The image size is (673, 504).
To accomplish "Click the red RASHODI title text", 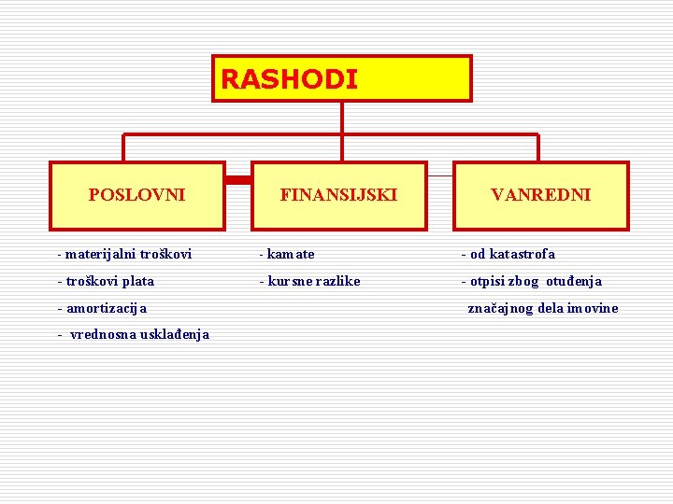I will pyautogui.click(x=289, y=79).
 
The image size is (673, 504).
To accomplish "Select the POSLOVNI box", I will pyautogui.click(x=136, y=195).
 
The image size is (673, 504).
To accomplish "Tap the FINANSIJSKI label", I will pyautogui.click(x=338, y=195).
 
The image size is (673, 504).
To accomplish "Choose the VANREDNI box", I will pyautogui.click(x=540, y=195).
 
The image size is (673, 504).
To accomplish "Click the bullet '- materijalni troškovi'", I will pyautogui.click(x=124, y=254).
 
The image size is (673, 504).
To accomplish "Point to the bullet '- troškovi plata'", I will pyautogui.click(x=106, y=281).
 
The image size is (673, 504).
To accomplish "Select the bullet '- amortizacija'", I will pyautogui.click(x=102, y=308).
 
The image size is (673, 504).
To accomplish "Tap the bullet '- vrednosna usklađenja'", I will pyautogui.click(x=133, y=334).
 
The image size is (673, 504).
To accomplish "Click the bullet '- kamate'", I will pyautogui.click(x=287, y=254).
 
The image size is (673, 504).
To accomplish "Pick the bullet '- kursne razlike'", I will pyautogui.click(x=309, y=281).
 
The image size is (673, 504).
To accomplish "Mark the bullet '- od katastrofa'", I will pyautogui.click(x=508, y=254).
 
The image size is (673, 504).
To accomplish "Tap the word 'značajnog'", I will pyautogui.click(x=498, y=308).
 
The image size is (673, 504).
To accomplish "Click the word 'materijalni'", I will pyautogui.click(x=98, y=254).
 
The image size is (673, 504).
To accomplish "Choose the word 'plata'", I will pyautogui.click(x=136, y=281).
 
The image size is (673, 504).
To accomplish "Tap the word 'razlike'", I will pyautogui.click(x=335, y=281).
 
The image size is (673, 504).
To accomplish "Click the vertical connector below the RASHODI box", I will pyautogui.click(x=342, y=117).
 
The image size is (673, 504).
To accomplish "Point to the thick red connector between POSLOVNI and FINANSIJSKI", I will pyautogui.click(x=238, y=177).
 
